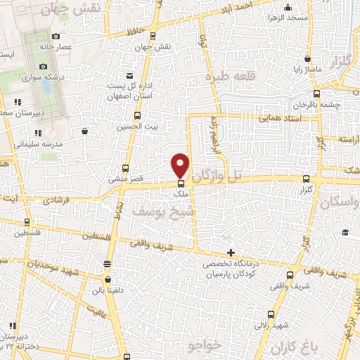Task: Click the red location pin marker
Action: click(181, 165)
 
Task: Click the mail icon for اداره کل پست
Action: click(129, 75)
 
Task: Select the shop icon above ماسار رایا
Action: click(307, 59)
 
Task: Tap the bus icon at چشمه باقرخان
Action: click(317, 93)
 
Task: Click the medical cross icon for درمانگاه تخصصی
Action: click(231, 252)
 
